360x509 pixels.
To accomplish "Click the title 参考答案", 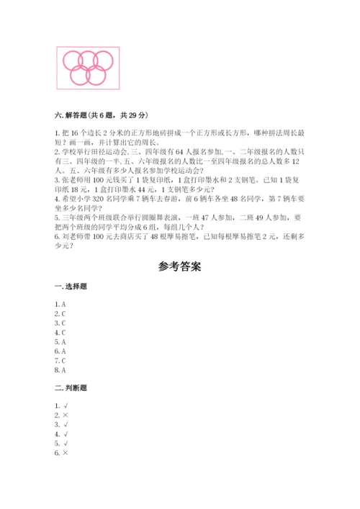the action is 179,266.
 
